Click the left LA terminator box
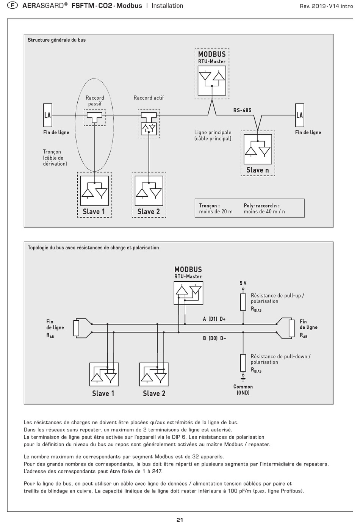pyautogui.click(x=47, y=115)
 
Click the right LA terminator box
pyautogui.click(x=299, y=115)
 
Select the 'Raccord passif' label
pyautogui.click(x=95, y=101)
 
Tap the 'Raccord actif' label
pyautogui.click(x=149, y=98)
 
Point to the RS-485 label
pyautogui.click(x=242, y=110)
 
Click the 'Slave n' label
pyautogui.click(x=258, y=170)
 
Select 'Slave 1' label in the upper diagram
pyautogui.click(x=94, y=212)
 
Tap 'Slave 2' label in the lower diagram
pyautogui.click(x=154, y=393)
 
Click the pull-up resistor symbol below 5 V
pyautogui.click(x=243, y=302)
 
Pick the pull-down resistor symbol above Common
pyautogui.click(x=243, y=363)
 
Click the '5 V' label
pyautogui.click(x=243, y=283)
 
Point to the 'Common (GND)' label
pyautogui.click(x=243, y=390)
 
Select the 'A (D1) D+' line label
pyautogui.click(x=214, y=319)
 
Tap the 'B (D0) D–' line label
pyautogui.click(x=214, y=338)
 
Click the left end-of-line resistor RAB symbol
pyautogui.click(x=76, y=328)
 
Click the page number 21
pyautogui.click(x=180, y=520)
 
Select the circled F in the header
pyautogui.click(x=13, y=6)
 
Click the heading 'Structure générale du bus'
pyautogui.click(x=56, y=40)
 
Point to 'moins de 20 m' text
pyautogui.click(x=216, y=212)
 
